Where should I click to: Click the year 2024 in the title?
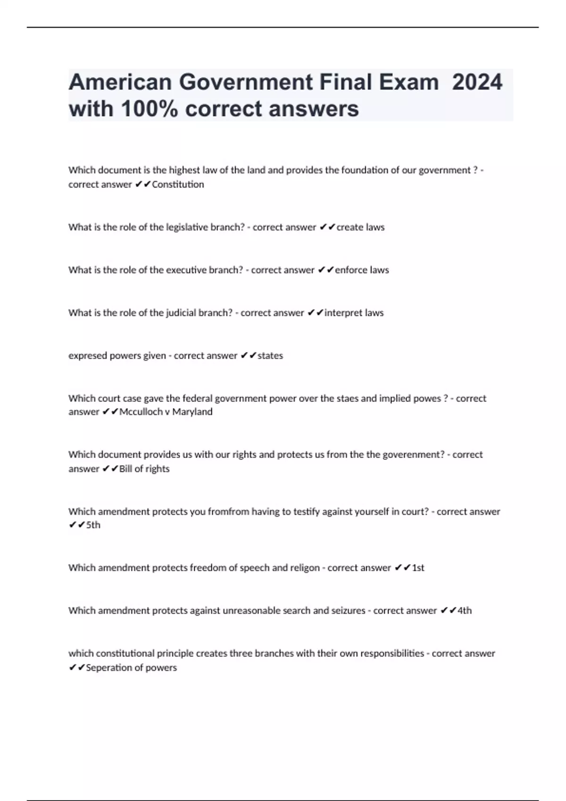477,82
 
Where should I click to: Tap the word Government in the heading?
245,82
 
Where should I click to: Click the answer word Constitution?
178,184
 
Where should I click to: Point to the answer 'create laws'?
360,227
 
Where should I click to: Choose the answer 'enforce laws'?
362,270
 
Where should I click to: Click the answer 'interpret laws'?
354,313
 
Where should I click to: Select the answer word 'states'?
270,356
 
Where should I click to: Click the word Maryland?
192,412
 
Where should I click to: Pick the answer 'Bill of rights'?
144,469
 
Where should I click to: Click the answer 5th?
93,525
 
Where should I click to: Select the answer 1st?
418,568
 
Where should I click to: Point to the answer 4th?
464,611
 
